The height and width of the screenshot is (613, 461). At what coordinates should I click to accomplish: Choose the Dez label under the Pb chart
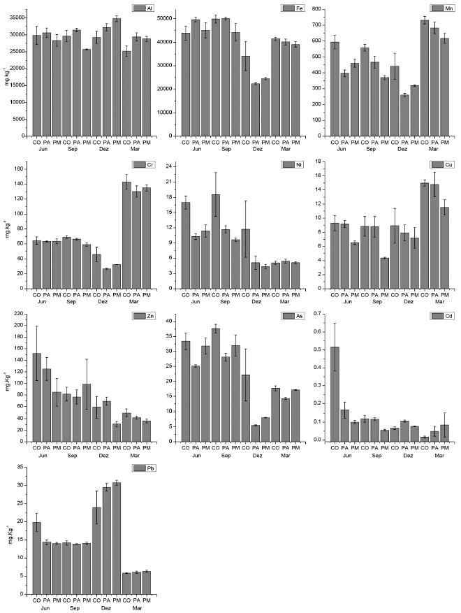(x=106, y=609)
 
